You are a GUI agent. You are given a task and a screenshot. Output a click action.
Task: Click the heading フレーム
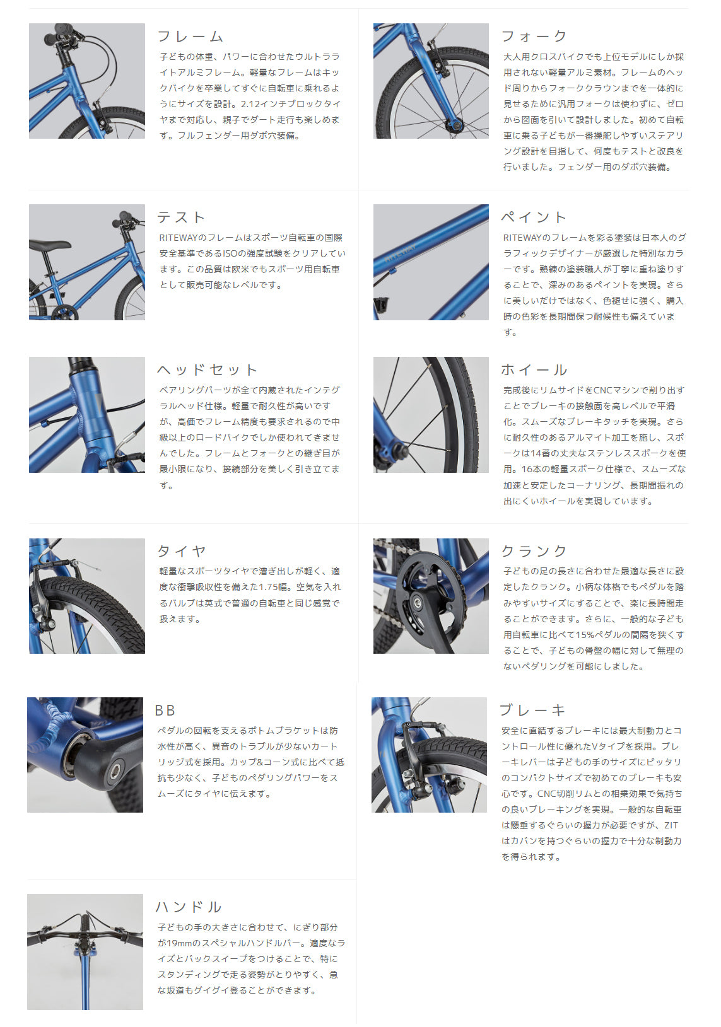191,36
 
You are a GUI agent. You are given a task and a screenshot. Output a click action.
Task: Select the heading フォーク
534,36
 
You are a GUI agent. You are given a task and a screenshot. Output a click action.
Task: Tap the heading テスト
180,217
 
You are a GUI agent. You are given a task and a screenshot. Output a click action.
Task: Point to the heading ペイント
534,217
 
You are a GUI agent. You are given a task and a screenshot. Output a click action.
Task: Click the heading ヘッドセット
208,369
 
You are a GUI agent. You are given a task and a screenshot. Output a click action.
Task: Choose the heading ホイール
534,369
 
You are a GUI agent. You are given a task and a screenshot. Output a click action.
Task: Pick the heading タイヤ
182,550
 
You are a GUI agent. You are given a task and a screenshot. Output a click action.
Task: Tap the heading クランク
534,550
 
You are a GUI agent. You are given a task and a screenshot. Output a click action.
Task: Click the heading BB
165,710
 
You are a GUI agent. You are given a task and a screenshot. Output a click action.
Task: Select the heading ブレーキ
532,710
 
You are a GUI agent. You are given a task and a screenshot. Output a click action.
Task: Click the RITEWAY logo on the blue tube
401,252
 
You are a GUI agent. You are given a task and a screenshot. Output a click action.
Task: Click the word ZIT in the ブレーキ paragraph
671,825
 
